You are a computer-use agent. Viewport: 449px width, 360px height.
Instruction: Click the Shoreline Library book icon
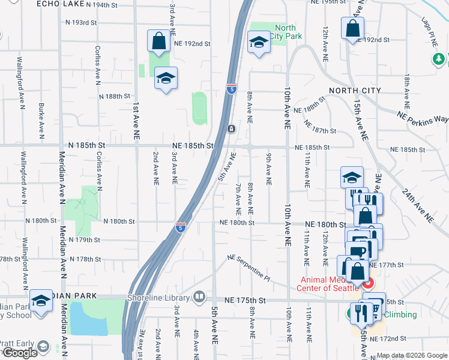pyautogui.click(x=199, y=297)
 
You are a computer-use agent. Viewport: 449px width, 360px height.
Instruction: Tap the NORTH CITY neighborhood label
pyautogui.click(x=355, y=91)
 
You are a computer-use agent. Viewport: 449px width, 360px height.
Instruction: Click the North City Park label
pyautogui.click(x=285, y=32)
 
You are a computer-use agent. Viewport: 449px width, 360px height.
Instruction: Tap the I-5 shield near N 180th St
pyautogui.click(x=180, y=227)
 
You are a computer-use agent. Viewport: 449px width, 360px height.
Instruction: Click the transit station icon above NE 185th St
pyautogui.click(x=231, y=129)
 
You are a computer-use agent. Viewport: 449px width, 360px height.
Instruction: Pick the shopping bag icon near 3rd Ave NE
pyautogui.click(x=158, y=41)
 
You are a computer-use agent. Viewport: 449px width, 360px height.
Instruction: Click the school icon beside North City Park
pyautogui.click(x=259, y=43)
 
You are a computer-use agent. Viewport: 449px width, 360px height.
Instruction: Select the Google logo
pyautogui.click(x=20, y=353)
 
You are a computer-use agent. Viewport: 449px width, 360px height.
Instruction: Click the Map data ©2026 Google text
pyautogui.click(x=412, y=355)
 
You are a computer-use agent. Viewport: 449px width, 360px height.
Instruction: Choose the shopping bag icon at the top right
pyautogui.click(x=353, y=28)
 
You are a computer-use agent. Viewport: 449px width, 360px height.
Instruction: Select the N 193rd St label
pyautogui.click(x=82, y=23)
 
